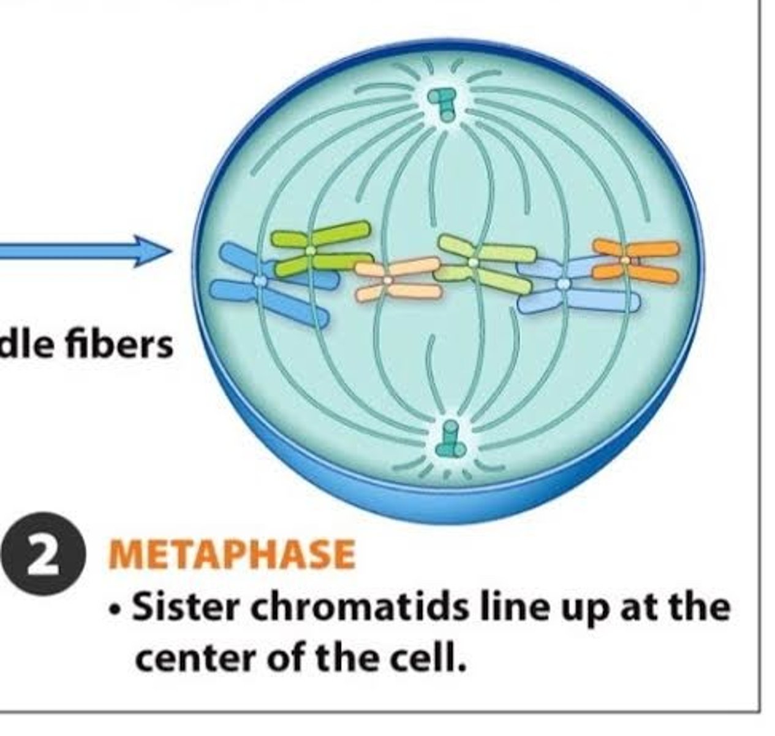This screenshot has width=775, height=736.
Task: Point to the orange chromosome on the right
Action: pyautogui.click(x=634, y=260)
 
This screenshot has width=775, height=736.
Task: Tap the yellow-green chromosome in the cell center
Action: pyautogui.click(x=484, y=263)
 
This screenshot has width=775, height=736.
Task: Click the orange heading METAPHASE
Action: pyautogui.click(x=232, y=554)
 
